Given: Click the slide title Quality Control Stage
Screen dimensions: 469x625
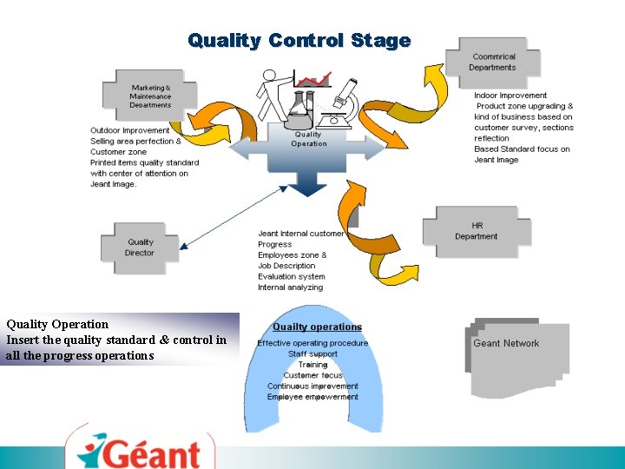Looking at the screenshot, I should pyautogui.click(x=299, y=41).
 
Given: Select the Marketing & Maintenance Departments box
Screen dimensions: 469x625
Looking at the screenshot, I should pyautogui.click(x=150, y=96).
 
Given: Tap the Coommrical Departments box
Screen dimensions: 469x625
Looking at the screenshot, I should pyautogui.click(x=492, y=62).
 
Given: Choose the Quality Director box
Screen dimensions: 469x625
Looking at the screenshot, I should pyautogui.click(x=140, y=248).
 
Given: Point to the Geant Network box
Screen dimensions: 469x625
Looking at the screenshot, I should pyautogui.click(x=506, y=344).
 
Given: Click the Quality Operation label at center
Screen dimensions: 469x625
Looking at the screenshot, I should pyautogui.click(x=308, y=139).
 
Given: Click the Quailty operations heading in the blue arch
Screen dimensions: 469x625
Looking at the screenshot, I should pyautogui.click(x=317, y=327).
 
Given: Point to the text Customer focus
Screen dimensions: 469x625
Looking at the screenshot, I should pyautogui.click(x=312, y=375).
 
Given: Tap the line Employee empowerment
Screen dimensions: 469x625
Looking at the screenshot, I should pyautogui.click(x=312, y=397).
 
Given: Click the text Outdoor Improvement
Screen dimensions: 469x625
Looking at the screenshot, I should pyautogui.click(x=130, y=130).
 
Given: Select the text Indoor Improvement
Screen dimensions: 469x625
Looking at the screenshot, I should pyautogui.click(x=510, y=96).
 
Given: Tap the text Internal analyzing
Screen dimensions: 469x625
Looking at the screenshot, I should pyautogui.click(x=290, y=287).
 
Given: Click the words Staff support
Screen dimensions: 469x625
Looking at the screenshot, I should pyautogui.click(x=312, y=353).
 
